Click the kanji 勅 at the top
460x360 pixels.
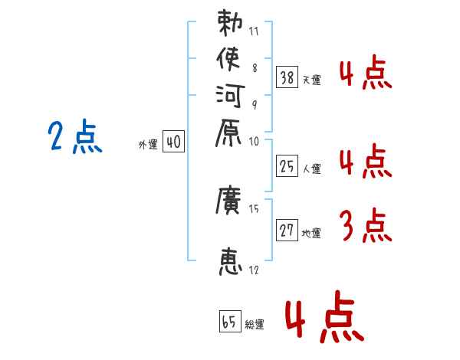[230, 23]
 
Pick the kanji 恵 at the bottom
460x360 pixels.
[230, 261]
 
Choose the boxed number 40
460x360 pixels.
[173, 142]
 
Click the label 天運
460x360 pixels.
[311, 80]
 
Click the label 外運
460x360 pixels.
[147, 144]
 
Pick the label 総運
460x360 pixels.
[255, 324]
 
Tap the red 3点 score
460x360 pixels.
[366, 226]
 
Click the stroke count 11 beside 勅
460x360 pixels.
[255, 33]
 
